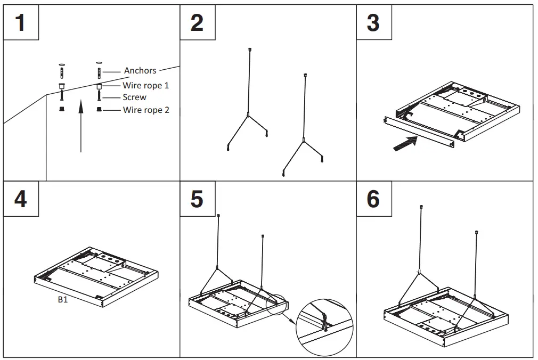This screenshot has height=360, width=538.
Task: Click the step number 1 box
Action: coord(21,23)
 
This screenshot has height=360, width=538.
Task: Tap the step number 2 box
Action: coord(197,23)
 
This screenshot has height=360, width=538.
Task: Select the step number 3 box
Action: coord(374,23)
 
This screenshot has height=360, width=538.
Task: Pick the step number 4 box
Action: coord(21,199)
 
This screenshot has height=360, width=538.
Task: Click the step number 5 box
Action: coord(197,199)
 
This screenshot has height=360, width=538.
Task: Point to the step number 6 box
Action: coord(374,199)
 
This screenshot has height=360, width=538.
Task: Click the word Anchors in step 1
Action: coord(140,70)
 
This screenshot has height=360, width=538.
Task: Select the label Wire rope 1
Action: coord(146,85)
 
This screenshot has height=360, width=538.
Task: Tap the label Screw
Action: coord(134,97)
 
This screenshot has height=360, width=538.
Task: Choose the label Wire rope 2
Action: coord(146,110)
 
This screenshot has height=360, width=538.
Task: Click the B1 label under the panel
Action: coord(63,300)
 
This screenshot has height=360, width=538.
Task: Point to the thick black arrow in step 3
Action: coord(405,143)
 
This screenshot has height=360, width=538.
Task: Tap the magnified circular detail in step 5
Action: coord(325,329)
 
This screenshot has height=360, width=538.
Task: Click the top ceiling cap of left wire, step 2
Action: coord(250,50)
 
